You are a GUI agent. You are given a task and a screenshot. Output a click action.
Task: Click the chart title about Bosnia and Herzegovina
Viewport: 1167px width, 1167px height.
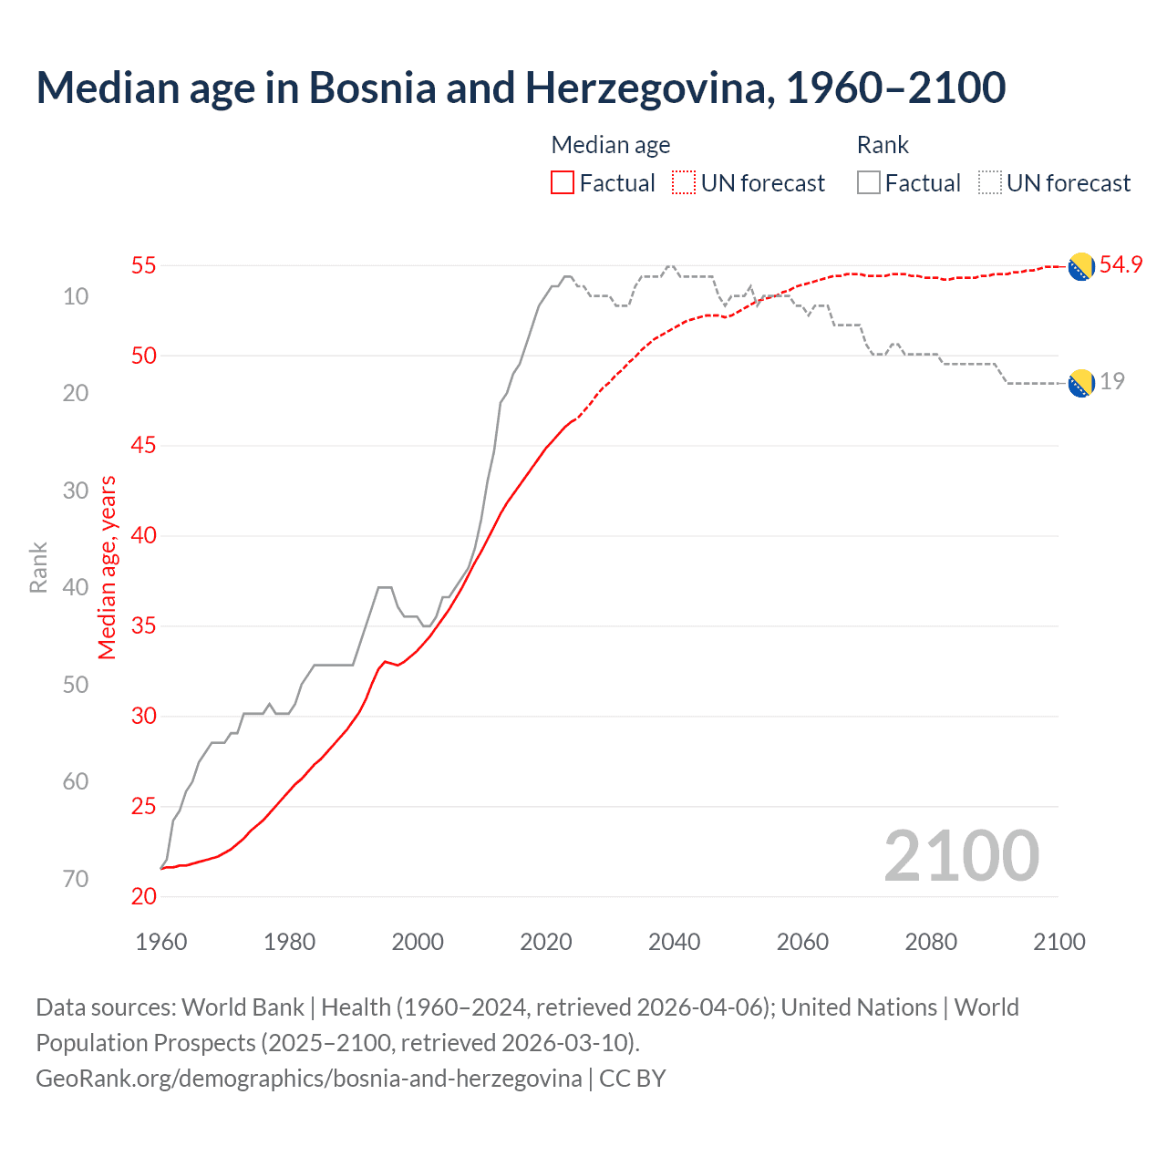click(x=521, y=88)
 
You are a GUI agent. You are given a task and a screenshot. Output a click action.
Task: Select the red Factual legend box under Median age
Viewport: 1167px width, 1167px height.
click(x=563, y=183)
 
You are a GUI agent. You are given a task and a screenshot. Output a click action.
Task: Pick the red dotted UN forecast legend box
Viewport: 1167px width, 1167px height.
click(x=684, y=183)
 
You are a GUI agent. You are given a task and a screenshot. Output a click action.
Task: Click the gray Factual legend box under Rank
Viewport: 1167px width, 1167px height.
click(x=869, y=183)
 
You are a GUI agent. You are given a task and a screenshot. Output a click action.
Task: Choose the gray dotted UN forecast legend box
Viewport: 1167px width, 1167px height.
click(x=990, y=183)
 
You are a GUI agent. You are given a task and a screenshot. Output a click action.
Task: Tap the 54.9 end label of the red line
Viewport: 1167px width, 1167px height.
click(x=1121, y=265)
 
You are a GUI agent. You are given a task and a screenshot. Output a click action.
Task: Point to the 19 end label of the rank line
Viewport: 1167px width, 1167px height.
click(x=1111, y=382)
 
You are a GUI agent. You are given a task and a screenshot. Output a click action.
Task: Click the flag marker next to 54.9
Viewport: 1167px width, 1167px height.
click(x=1081, y=266)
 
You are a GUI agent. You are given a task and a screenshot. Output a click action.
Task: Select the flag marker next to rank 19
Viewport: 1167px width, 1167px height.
click(x=1081, y=384)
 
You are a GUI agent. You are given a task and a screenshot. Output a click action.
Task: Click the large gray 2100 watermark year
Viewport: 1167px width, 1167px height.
click(x=961, y=856)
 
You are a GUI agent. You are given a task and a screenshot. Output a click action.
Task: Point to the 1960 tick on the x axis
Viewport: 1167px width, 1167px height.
click(x=161, y=942)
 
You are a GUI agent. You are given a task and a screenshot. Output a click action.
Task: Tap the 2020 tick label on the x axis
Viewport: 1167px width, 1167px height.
click(x=546, y=942)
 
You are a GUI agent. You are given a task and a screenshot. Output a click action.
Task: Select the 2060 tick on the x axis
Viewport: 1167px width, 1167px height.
click(x=802, y=942)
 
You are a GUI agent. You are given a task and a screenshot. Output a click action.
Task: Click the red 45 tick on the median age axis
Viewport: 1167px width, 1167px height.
click(x=144, y=446)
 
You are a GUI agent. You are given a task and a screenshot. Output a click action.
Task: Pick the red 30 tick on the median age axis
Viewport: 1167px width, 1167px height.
click(x=144, y=717)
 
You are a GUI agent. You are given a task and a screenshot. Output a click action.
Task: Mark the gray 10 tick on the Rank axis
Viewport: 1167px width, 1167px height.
click(x=76, y=296)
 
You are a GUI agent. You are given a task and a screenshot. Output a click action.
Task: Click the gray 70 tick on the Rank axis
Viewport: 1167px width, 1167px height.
click(x=76, y=879)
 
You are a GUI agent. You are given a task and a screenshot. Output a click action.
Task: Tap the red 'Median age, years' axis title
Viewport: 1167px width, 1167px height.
click(x=108, y=567)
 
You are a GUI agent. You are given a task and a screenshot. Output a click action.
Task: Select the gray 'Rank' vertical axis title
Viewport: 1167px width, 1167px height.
click(x=38, y=567)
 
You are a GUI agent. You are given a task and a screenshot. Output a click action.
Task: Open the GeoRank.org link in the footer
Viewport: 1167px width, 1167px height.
click(x=308, y=1079)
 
